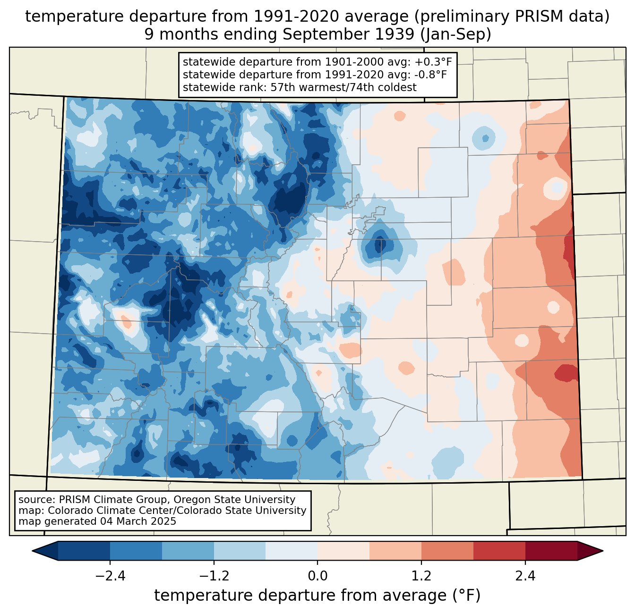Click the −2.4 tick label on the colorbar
[110, 576]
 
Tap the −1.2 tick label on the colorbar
[214, 576]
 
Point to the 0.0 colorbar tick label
[317, 576]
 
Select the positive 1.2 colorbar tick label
[421, 576]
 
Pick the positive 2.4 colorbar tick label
[525, 576]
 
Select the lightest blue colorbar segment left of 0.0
[292, 551]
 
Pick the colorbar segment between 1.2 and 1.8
[447, 551]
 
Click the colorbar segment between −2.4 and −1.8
[136, 551]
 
